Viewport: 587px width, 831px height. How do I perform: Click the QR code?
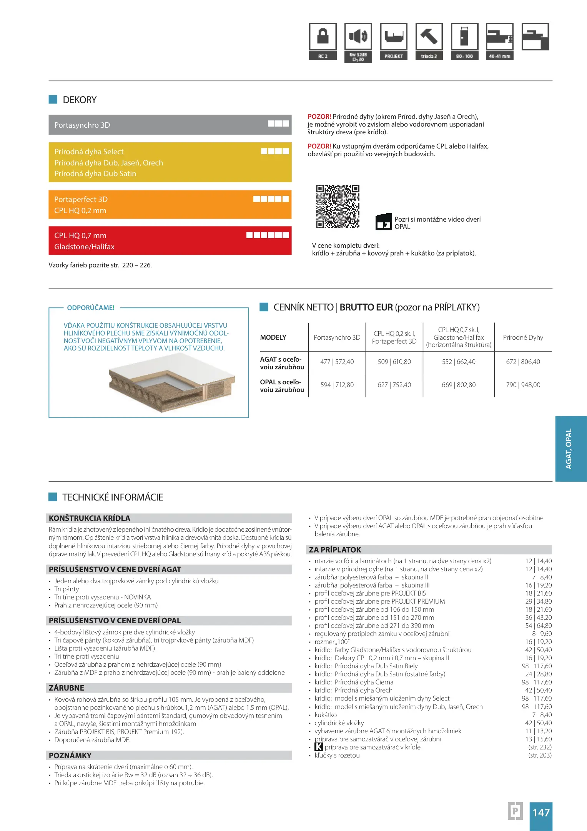pos(338,207)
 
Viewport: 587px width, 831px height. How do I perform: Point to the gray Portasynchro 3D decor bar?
pos(170,125)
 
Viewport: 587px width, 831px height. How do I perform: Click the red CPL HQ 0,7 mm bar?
pos(170,241)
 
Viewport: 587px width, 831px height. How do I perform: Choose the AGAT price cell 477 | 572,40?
pos(337,362)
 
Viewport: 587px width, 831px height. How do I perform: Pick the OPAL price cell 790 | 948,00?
pos(523,385)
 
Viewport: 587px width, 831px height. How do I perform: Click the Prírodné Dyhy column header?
pos(523,337)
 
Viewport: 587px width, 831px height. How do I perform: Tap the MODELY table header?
pos(273,337)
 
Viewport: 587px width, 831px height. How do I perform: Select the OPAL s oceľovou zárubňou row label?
pos(282,386)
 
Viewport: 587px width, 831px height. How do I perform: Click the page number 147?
pos(541,813)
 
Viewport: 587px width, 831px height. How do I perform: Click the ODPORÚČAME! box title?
pos(91,308)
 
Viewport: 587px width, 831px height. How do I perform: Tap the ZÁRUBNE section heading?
pos(67,688)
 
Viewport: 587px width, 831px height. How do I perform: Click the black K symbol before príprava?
pos(319,747)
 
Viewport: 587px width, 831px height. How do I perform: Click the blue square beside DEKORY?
pos(53,100)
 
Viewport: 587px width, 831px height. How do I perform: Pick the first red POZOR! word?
pos(319,117)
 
